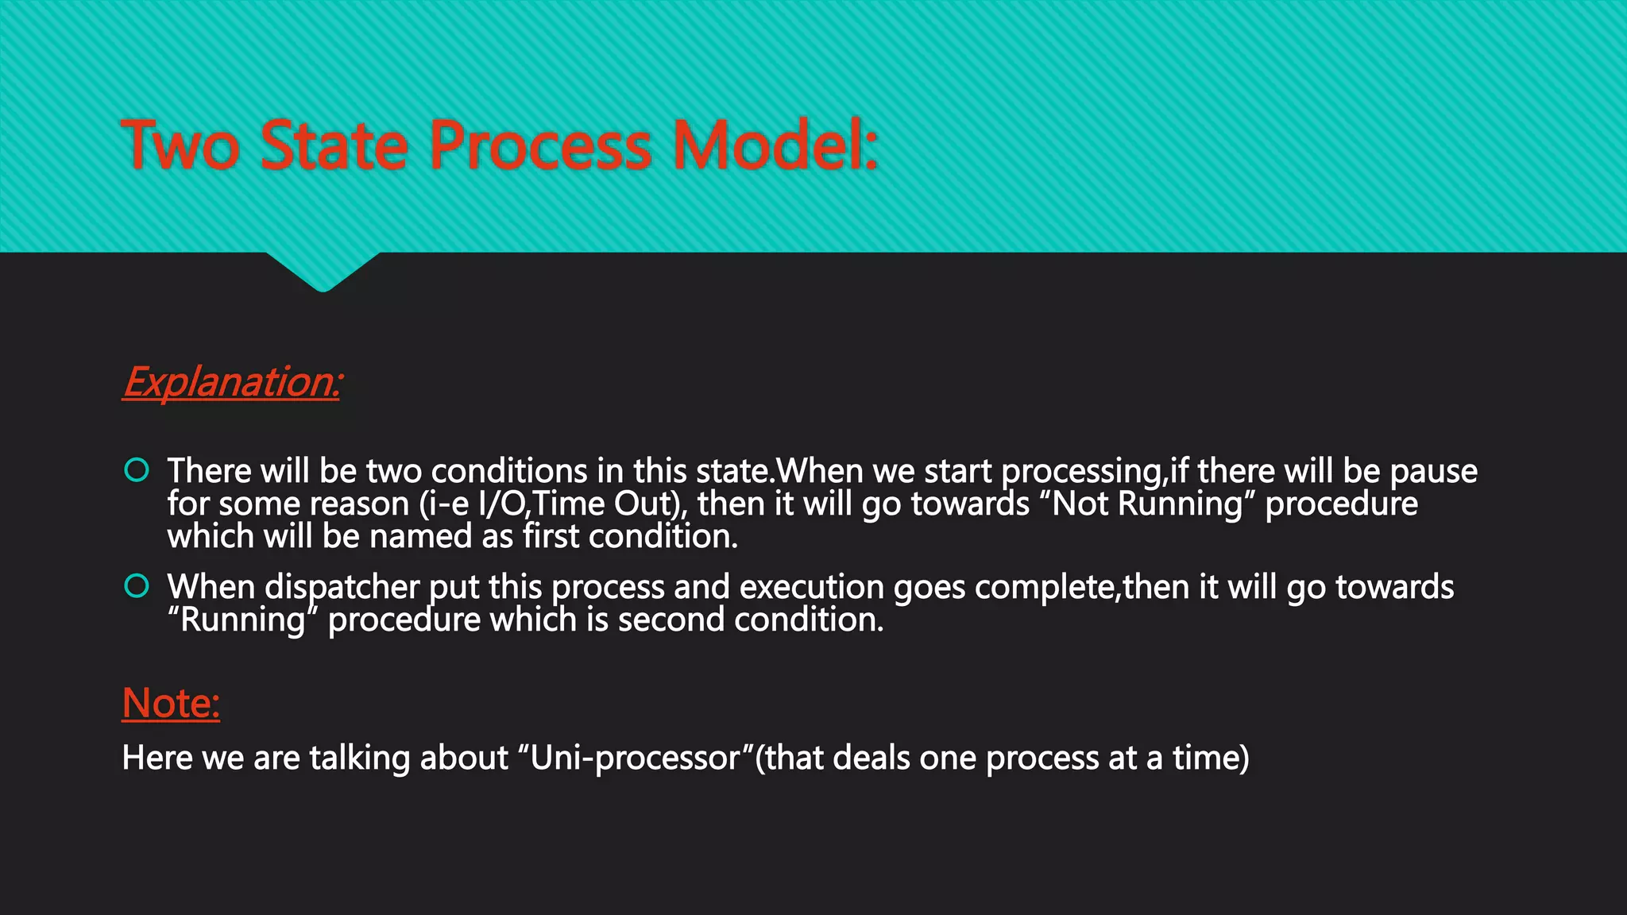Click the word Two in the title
click(180, 145)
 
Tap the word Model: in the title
click(775, 145)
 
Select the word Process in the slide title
click(540, 145)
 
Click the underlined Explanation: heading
click(232, 382)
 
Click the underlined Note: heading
click(171, 703)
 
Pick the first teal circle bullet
click(137, 470)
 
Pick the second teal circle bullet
click(137, 586)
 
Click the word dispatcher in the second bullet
click(342, 588)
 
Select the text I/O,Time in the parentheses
click(543, 504)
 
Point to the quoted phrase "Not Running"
click(1146, 504)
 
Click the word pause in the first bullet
click(1433, 472)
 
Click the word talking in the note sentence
click(359, 758)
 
